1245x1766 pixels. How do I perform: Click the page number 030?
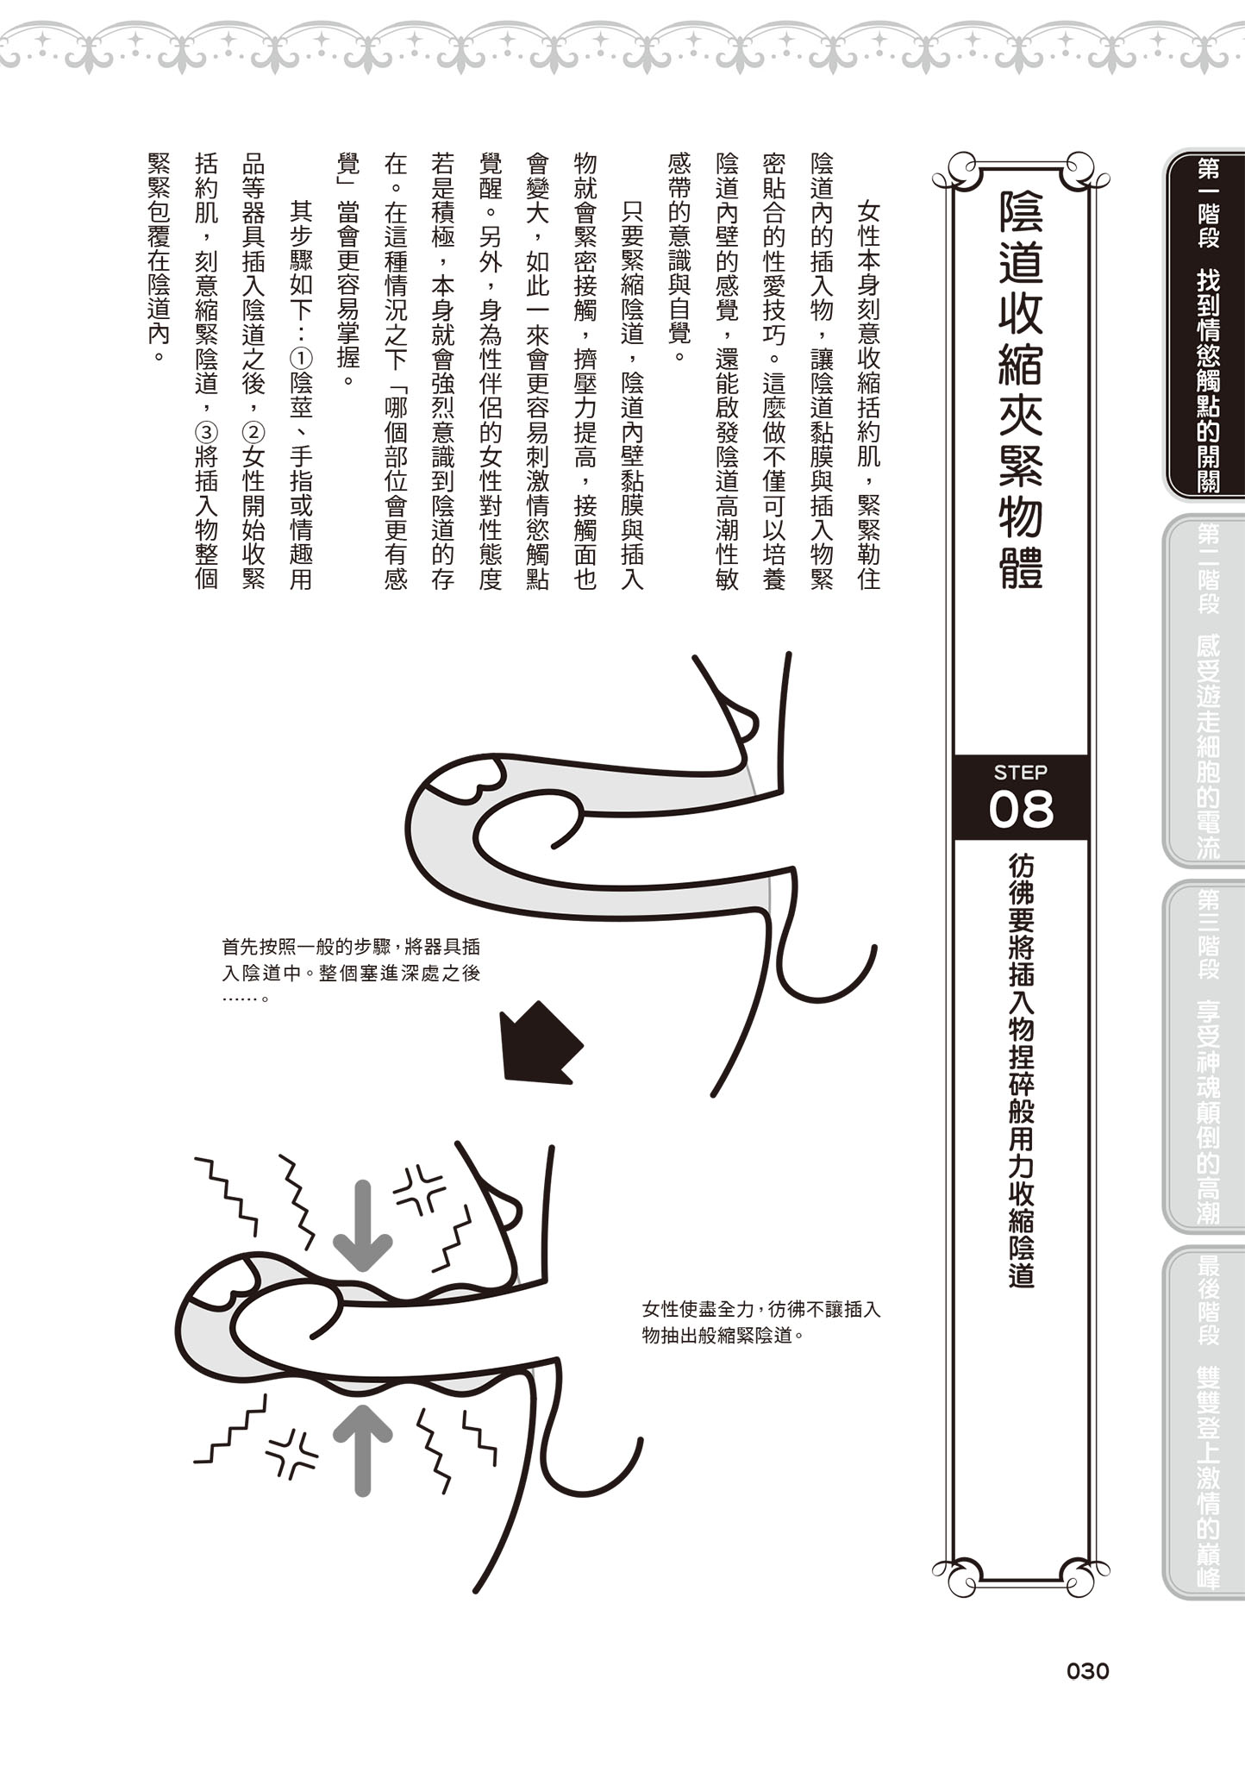tap(1087, 1671)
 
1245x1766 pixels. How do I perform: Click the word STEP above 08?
tap(1021, 771)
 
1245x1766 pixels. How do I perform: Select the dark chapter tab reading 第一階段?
tap(1207, 324)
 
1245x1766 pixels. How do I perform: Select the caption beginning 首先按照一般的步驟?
tap(350, 972)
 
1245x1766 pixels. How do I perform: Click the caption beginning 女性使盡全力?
tap(760, 1322)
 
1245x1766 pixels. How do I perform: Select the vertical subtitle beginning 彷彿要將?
tap(1021, 1070)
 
